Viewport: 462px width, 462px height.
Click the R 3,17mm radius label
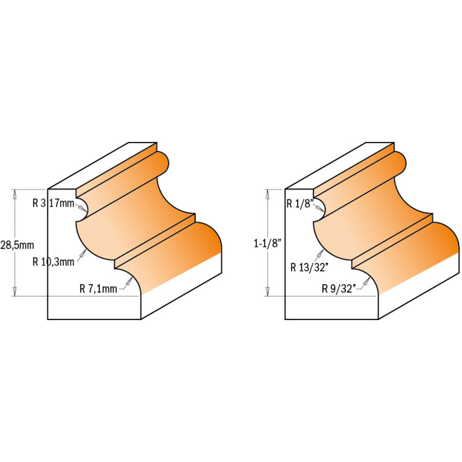[54, 203]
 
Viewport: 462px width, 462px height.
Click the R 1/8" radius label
[299, 203]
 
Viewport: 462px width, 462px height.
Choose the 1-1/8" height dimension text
[266, 244]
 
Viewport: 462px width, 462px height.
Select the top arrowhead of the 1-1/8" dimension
[267, 193]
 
